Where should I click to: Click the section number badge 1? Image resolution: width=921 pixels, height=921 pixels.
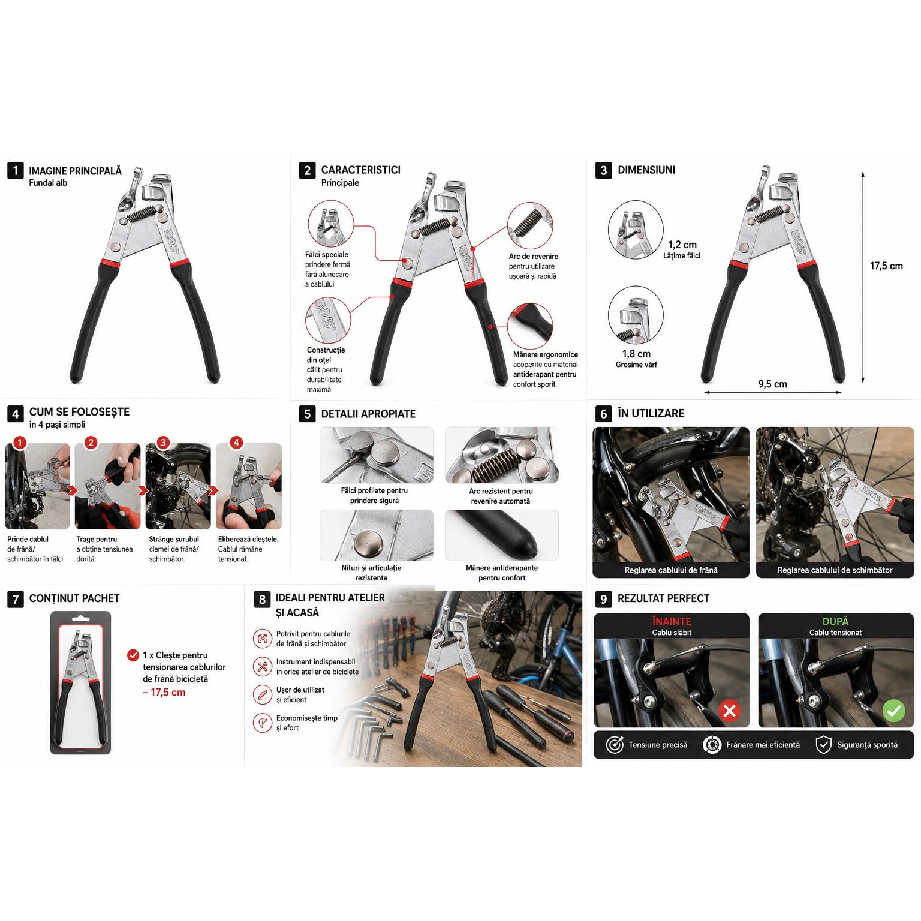[x=15, y=171]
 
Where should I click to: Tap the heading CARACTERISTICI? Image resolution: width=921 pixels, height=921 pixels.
[x=360, y=170]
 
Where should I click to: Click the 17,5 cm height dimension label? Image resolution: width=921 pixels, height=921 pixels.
[x=886, y=266]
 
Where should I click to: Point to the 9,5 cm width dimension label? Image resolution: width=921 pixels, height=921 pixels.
[x=772, y=384]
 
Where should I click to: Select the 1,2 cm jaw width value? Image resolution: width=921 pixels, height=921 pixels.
[x=682, y=245]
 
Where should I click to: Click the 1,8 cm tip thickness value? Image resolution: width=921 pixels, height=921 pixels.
[x=636, y=354]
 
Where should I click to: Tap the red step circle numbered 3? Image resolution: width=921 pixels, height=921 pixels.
[x=163, y=443]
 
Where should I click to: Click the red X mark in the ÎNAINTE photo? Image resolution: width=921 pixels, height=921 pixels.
[x=730, y=711]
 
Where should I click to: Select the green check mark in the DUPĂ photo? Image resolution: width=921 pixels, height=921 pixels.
[x=893, y=711]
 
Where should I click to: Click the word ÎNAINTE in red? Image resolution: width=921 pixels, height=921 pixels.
[x=672, y=621]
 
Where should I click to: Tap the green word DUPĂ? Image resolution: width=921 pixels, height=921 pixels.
[x=835, y=622]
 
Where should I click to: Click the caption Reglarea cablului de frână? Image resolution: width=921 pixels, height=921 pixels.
[x=671, y=570]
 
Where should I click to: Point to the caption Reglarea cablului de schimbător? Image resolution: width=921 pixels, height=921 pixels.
[x=835, y=570]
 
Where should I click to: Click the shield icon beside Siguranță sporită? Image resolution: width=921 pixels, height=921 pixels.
[x=824, y=745]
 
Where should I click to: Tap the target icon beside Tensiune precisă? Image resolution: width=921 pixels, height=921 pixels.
[x=615, y=745]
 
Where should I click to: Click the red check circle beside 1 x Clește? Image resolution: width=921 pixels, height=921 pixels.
[x=133, y=655]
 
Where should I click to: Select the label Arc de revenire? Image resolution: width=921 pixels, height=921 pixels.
[x=533, y=256]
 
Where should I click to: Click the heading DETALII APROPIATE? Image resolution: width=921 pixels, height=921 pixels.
[x=368, y=414]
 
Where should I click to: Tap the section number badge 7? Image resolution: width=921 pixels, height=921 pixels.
[x=15, y=598]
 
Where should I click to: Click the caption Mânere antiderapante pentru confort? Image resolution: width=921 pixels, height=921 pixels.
[x=502, y=573]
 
